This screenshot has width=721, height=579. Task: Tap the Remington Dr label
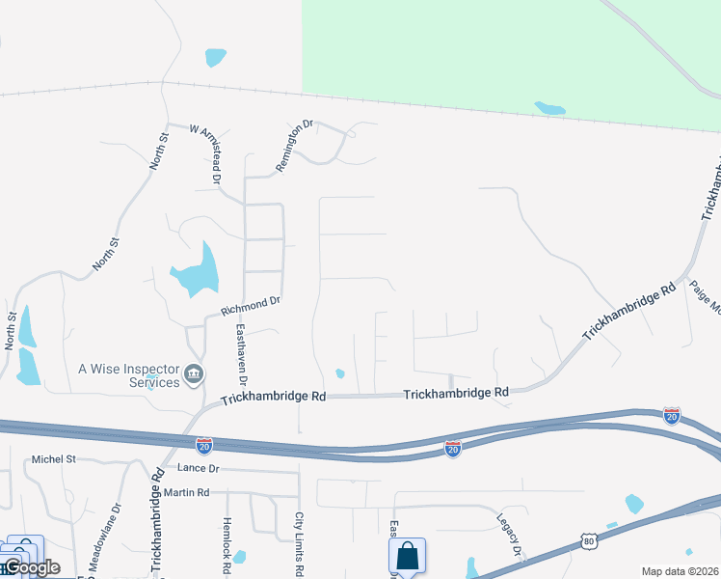point(295,146)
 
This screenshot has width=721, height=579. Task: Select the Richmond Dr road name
point(250,306)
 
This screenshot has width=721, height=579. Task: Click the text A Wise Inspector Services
point(129,374)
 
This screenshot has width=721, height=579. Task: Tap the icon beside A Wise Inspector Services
point(194,373)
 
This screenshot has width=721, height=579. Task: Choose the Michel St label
point(53,459)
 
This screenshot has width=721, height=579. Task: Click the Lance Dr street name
point(200,468)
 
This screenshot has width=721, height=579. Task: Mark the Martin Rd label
point(187,493)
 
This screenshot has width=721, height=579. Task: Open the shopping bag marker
point(407,557)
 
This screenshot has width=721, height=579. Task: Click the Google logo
point(32,567)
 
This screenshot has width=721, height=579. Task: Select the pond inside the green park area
point(549,108)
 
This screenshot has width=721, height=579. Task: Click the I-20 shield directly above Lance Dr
point(203,445)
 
